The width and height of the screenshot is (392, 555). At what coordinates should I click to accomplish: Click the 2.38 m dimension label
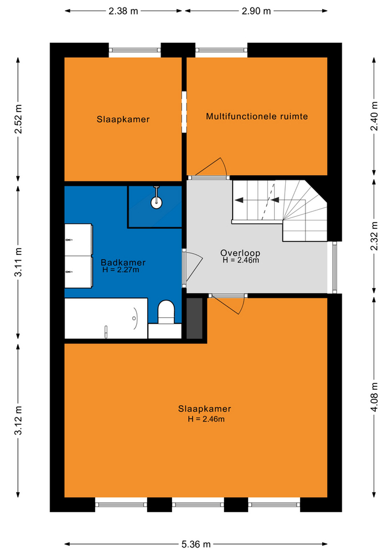(123, 11)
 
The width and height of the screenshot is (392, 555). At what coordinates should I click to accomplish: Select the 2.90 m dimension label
(256, 11)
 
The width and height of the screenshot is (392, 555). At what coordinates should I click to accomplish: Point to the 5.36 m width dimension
(196, 544)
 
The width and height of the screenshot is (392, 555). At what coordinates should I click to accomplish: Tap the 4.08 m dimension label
(374, 397)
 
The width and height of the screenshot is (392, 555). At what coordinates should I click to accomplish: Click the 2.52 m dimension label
(18, 119)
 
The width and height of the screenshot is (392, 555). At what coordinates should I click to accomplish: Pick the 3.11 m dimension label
(18, 262)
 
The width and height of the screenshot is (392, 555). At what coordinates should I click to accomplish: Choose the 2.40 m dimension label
(374, 116)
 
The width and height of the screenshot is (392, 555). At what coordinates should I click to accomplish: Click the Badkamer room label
(123, 262)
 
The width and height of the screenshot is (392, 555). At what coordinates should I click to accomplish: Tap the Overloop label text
(240, 253)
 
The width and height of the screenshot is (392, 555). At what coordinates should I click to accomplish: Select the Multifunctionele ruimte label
(257, 116)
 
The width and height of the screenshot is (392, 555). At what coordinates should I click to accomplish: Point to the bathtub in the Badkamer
(106, 318)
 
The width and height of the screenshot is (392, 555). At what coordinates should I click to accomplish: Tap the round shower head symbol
(156, 202)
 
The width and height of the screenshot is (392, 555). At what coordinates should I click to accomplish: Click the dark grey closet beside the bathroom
(195, 318)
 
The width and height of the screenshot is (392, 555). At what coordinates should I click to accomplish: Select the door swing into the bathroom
(193, 267)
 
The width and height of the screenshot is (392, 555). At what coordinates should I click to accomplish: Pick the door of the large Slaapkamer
(227, 304)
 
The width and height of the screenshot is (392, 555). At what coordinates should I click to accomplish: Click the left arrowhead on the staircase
(239, 200)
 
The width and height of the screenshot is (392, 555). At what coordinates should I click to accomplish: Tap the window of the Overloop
(334, 267)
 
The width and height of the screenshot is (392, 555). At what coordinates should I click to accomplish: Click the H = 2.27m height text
(121, 270)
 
